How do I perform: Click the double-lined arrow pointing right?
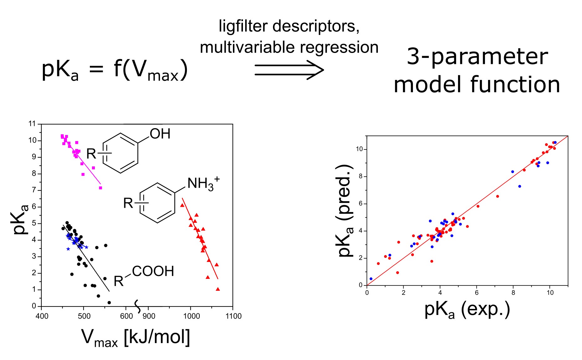pyautogui.click(x=289, y=70)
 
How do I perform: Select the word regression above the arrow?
pyautogui.click(x=339, y=47)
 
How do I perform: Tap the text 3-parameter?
pyautogui.click(x=477, y=57)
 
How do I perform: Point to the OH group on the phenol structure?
pyautogui.click(x=160, y=134)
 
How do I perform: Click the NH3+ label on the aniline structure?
pyautogui.click(x=203, y=183)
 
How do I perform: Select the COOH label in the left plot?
pyautogui.click(x=153, y=271)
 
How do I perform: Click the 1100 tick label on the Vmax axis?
pyautogui.click(x=233, y=316)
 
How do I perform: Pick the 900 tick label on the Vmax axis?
pyautogui.click(x=149, y=316)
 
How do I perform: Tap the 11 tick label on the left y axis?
pyautogui.click(x=32, y=124)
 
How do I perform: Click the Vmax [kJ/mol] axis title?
pyautogui.click(x=136, y=338)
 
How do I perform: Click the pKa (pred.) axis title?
pyautogui.click(x=346, y=211)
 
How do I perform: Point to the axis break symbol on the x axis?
pyautogui.click(x=138, y=306)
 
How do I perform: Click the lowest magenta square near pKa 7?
pyautogui.click(x=100, y=188)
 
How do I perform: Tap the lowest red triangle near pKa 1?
pyautogui.click(x=218, y=289)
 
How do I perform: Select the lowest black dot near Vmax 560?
pyautogui.click(x=109, y=303)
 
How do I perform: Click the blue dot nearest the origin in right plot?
pyautogui.click(x=371, y=279)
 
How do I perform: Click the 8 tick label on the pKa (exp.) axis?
pyautogui.click(x=513, y=293)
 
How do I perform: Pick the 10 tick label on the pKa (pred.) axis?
pyautogui.click(x=359, y=149)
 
